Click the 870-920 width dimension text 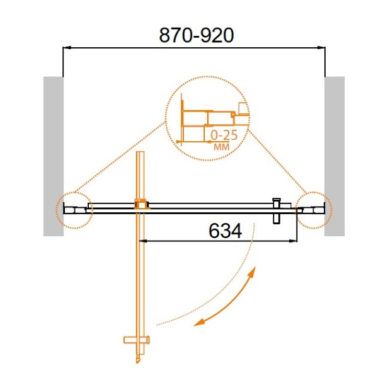click(197, 35)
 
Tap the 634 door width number click(225, 231)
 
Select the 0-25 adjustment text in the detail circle click(224, 135)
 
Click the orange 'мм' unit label click(222, 147)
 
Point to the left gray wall click(54, 156)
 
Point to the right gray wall click(335, 156)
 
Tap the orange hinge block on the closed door click(142, 204)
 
